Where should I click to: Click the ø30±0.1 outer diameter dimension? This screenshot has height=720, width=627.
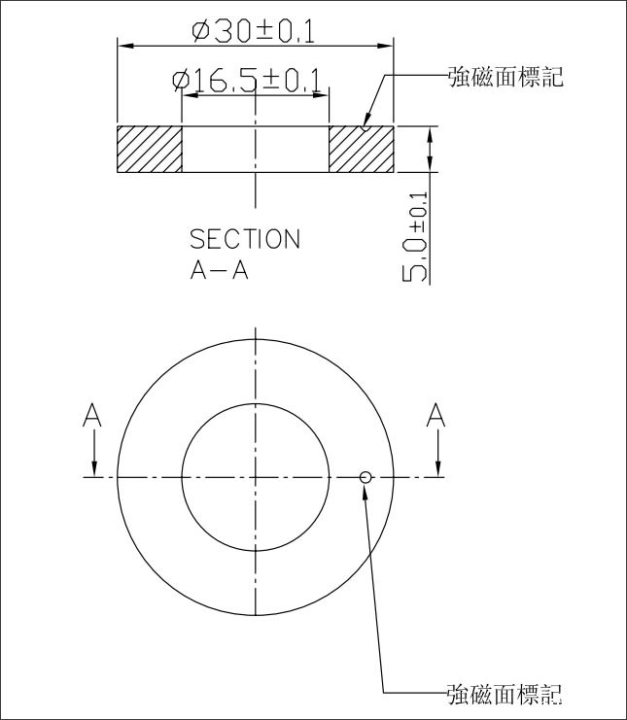click(x=254, y=31)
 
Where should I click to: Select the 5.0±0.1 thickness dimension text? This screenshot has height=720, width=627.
click(x=415, y=236)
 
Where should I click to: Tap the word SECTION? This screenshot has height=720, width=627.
click(x=244, y=239)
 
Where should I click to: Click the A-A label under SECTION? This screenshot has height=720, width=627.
click(x=219, y=270)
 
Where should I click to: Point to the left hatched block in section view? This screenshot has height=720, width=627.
click(x=150, y=149)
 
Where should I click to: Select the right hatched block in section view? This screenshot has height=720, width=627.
click(x=361, y=149)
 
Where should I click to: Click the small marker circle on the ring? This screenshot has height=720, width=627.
click(x=366, y=476)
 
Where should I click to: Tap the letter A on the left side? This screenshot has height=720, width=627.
click(x=92, y=415)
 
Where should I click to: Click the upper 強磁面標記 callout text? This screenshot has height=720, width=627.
click(x=505, y=77)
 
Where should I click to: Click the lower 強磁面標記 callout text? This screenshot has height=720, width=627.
click(x=505, y=694)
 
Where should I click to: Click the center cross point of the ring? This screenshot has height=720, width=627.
click(x=255, y=476)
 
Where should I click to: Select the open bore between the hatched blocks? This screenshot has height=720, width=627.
click(x=255, y=149)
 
